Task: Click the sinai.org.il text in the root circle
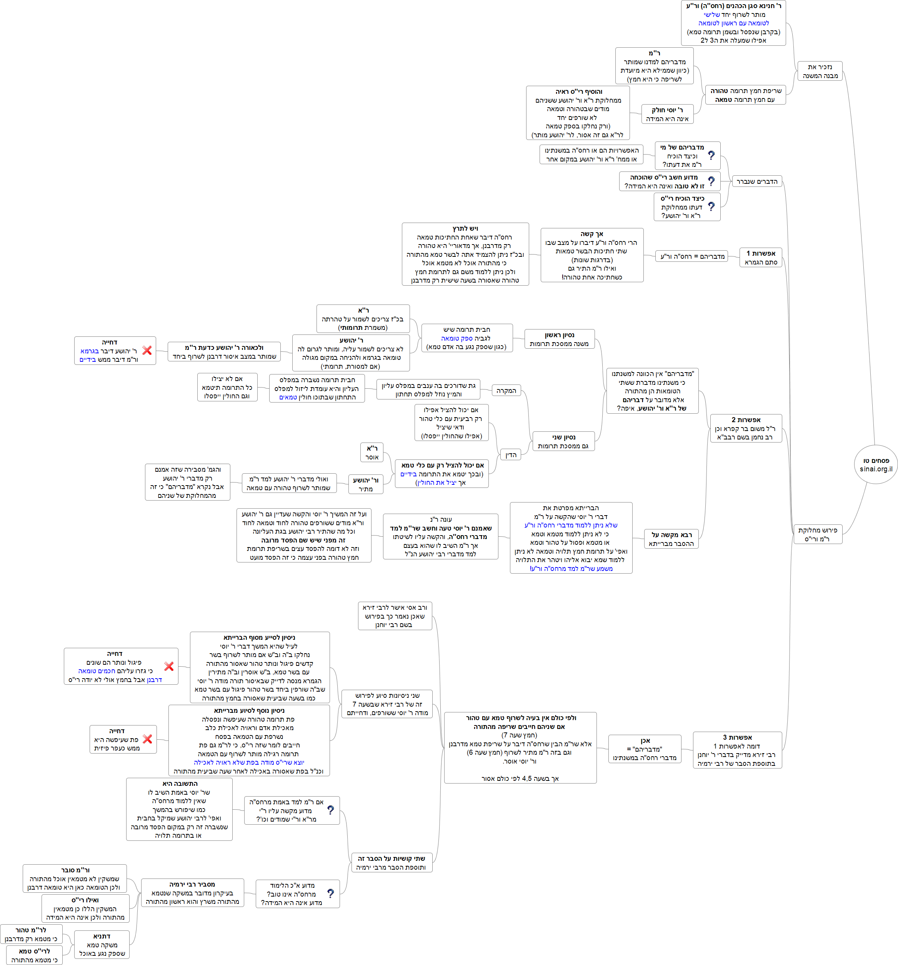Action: click(876, 469)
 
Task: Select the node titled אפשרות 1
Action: click(761, 258)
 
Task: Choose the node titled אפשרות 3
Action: click(737, 750)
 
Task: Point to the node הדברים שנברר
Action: click(757, 181)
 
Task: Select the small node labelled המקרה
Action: click(506, 391)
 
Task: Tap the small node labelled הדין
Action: click(511, 455)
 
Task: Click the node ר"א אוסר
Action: click(372, 453)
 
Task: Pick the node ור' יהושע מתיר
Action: click(366, 484)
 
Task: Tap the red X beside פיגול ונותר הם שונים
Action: click(168, 667)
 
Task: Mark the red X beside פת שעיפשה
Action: click(148, 739)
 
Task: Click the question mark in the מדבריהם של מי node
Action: click(711, 156)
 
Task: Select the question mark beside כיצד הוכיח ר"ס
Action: click(711, 207)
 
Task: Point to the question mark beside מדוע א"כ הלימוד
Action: click(330, 893)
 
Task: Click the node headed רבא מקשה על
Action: click(671, 539)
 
